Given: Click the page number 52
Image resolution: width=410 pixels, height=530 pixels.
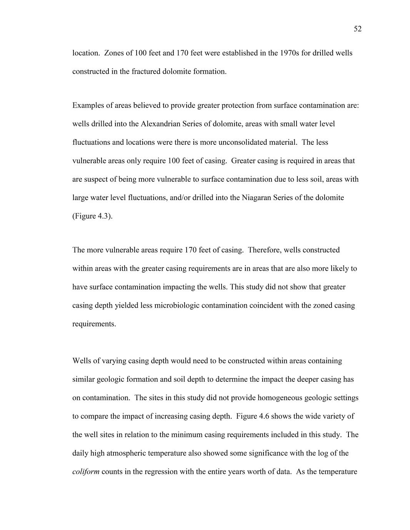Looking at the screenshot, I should pyautogui.click(x=357, y=29).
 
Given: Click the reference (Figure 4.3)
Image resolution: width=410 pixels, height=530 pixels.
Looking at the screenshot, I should pyautogui.click(x=92, y=216).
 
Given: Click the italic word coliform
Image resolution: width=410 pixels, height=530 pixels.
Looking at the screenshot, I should pyautogui.click(x=86, y=472).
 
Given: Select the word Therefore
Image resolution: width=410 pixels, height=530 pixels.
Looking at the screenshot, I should pyautogui.click(x=265, y=250).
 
